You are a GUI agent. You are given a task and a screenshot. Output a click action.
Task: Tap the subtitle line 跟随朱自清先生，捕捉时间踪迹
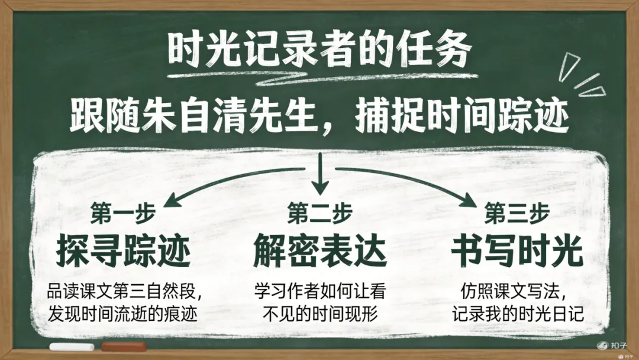[x=319, y=117]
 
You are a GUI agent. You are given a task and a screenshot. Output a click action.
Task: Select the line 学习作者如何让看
[x=319, y=292]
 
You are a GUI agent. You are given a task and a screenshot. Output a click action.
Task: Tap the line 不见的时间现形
[x=319, y=313]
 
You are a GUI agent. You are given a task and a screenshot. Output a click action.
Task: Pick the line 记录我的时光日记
[x=517, y=313]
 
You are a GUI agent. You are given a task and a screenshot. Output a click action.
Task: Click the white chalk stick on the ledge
[x=71, y=346]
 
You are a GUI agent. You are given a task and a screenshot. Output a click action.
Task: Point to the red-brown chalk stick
[x=124, y=346]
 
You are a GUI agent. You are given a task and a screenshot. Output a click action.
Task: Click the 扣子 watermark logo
[x=612, y=345]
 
